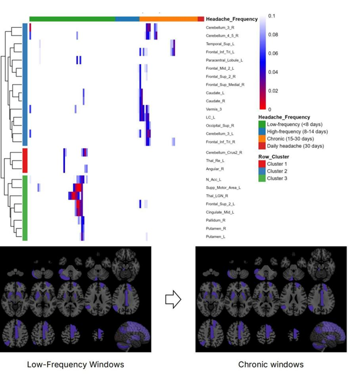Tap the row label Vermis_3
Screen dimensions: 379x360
pyautogui.click(x=213, y=109)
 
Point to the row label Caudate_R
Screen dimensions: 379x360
pyautogui.click(x=215, y=101)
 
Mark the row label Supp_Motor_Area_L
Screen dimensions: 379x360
pyautogui.click(x=223, y=188)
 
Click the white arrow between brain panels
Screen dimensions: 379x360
pyautogui.click(x=173, y=300)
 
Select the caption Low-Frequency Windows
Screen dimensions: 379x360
pyautogui.click(x=76, y=365)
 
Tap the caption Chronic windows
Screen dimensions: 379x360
pyautogui.click(x=271, y=365)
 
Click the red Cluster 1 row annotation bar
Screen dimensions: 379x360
pyautogui.click(x=25, y=160)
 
